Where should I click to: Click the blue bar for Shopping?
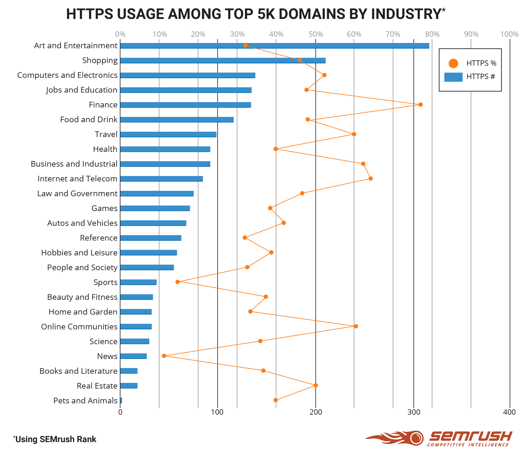[x=223, y=60]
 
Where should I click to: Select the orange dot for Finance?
[x=420, y=104]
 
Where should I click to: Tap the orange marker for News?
[x=164, y=356]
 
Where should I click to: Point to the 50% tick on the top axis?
[x=316, y=34]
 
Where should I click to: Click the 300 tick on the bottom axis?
[x=414, y=412]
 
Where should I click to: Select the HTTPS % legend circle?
[x=453, y=63]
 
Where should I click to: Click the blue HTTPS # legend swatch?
[x=453, y=77]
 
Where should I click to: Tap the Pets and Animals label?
[x=85, y=400]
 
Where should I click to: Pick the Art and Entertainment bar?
[x=274, y=46]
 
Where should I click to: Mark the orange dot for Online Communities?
[x=356, y=326]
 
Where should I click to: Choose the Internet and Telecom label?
[x=77, y=179]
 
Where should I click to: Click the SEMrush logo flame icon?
[x=397, y=438]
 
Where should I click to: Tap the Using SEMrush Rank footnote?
[x=55, y=439]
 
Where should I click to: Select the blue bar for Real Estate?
[x=129, y=386]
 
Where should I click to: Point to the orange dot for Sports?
[x=178, y=282]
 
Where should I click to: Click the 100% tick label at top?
[x=509, y=34]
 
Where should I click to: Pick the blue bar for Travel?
[x=168, y=134]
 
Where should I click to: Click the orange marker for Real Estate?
[x=316, y=385]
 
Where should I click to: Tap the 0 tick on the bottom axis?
[x=120, y=412]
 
